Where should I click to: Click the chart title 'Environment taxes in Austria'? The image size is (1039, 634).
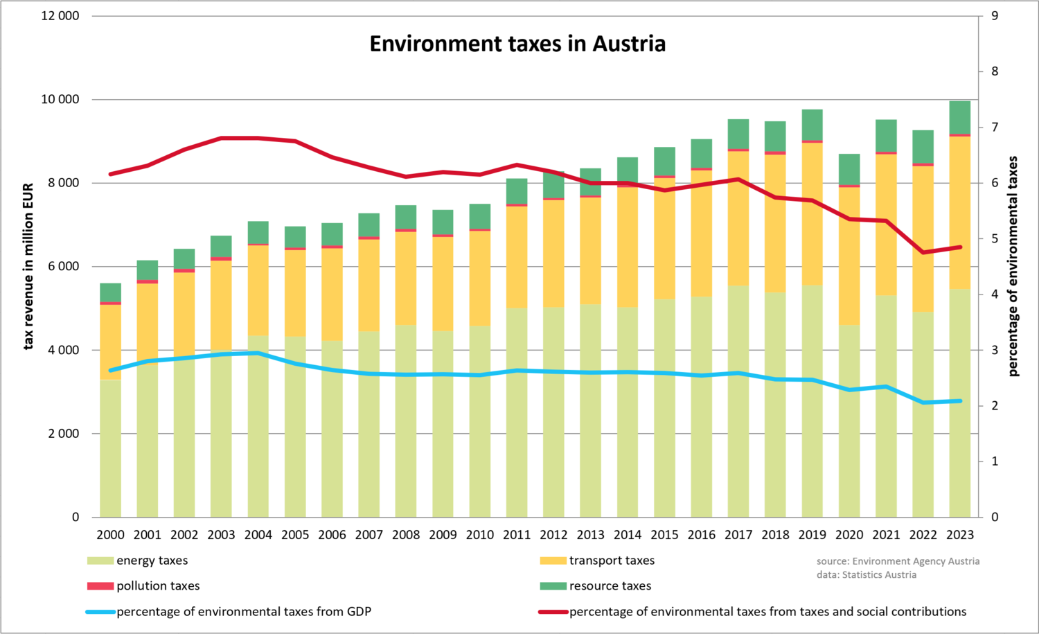[x=517, y=44]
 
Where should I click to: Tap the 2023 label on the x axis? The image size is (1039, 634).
[x=960, y=535]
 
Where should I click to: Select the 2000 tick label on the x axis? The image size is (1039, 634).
[x=111, y=535]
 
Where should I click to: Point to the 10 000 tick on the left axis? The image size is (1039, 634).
[x=60, y=100]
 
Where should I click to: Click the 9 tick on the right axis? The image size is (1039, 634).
[x=995, y=16]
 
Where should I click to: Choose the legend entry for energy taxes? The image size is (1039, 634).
[x=152, y=561]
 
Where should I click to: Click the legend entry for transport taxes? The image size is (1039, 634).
[x=611, y=561]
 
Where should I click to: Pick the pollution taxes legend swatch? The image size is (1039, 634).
[x=100, y=586]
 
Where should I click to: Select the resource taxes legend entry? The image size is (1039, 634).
[x=610, y=586]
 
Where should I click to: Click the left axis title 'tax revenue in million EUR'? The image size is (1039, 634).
[x=28, y=267]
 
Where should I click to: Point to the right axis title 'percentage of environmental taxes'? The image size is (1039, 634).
[x=1013, y=267]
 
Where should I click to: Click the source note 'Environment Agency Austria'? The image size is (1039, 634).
[x=898, y=561]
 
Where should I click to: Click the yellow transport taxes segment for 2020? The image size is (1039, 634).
[x=849, y=256]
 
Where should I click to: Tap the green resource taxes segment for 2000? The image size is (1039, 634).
[x=111, y=292]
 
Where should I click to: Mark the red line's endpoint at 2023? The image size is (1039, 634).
[x=960, y=247]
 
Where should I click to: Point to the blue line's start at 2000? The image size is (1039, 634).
[x=111, y=370]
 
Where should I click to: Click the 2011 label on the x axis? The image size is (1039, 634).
[x=517, y=535]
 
